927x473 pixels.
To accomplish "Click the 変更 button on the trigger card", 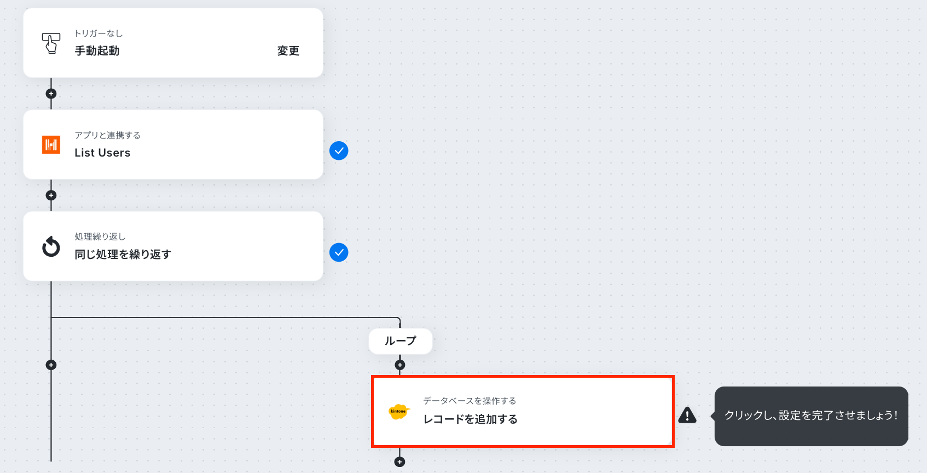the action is (x=288, y=51).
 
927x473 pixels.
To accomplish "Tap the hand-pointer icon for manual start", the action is (x=51, y=43).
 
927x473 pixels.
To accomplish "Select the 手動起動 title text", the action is (x=97, y=51).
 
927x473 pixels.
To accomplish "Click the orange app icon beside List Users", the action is (x=51, y=145).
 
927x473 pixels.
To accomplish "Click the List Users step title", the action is (x=102, y=153).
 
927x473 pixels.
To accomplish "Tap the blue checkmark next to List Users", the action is (x=339, y=151).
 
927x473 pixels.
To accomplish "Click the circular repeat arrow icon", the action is (x=51, y=246).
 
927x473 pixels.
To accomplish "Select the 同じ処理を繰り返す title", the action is (x=123, y=255).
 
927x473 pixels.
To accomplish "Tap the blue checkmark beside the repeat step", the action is (x=339, y=252).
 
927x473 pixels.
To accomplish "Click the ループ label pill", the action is (x=400, y=341).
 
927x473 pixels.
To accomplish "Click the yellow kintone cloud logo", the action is (x=399, y=412).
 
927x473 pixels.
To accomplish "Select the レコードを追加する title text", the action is (x=470, y=419).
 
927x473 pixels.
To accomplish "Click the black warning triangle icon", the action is (x=687, y=415).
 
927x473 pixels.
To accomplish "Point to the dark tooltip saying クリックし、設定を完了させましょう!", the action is (x=811, y=416).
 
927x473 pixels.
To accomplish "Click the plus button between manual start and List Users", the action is (x=51, y=94).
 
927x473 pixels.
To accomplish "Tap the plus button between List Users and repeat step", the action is (x=51, y=195).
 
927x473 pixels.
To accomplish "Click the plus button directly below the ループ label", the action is (x=400, y=365).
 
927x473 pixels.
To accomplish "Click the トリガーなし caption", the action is (x=99, y=33).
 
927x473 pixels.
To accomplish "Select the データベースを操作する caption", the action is (x=470, y=401).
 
